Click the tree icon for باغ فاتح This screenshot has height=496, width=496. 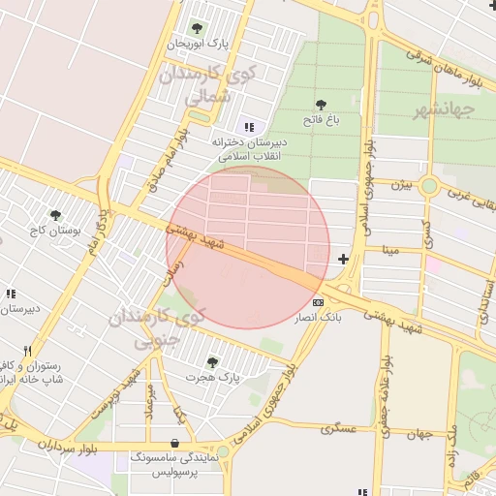click(321, 105)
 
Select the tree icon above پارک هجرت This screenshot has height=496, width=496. click(212, 362)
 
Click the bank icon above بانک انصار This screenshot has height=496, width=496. click(319, 302)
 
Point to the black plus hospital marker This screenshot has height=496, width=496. click(343, 259)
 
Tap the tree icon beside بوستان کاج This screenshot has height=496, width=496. click(55, 215)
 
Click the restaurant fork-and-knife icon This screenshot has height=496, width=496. click(28, 352)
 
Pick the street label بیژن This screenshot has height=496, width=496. click(401, 183)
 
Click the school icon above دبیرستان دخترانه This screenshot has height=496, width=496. click(249, 127)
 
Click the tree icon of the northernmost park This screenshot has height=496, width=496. click(198, 28)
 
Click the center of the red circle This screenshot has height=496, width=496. click(248, 247)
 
